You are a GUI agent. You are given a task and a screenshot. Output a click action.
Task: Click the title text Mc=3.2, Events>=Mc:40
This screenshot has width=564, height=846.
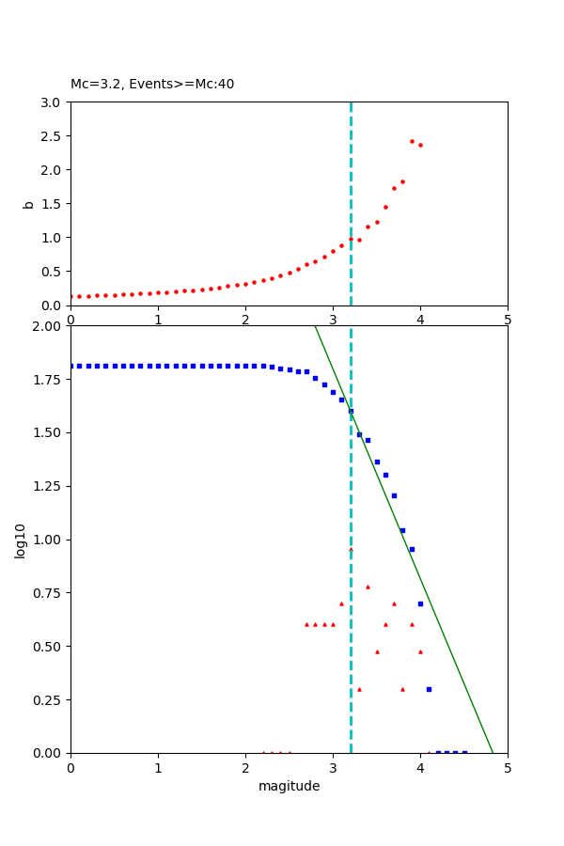tap(152, 85)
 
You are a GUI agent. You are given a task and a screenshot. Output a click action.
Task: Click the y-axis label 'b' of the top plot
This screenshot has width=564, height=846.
tap(28, 204)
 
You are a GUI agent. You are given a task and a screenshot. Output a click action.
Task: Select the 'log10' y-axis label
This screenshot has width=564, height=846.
tap(20, 540)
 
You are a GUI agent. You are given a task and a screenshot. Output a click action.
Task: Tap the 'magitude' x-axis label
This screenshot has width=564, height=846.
tap(289, 787)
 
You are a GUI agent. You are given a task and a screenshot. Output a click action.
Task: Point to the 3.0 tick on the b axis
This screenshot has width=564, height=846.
tap(53, 102)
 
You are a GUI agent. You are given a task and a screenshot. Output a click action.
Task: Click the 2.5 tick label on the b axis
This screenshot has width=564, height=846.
tap(53, 136)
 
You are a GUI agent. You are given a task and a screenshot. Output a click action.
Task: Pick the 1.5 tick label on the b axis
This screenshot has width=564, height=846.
tap(53, 204)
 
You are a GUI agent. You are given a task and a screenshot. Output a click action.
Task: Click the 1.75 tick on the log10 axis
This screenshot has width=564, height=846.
tap(49, 380)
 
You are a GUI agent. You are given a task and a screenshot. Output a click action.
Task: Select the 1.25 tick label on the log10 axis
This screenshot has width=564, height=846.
tap(49, 487)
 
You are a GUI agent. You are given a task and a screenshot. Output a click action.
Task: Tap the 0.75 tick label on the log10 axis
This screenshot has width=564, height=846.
tap(49, 593)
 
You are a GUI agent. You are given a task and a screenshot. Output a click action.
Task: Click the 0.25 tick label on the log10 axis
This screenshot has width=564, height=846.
tap(49, 700)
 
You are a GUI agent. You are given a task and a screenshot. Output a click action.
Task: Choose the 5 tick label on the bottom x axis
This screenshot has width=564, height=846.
tap(508, 767)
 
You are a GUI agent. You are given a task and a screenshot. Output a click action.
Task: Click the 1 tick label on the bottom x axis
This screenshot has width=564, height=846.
tap(158, 767)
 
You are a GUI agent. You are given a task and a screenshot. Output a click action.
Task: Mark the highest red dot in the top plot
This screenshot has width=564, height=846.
tap(412, 141)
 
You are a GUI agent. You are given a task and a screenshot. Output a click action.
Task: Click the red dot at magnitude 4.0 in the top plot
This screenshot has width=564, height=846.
tap(420, 145)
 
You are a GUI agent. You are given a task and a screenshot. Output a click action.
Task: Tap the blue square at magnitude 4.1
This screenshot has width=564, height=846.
tap(429, 689)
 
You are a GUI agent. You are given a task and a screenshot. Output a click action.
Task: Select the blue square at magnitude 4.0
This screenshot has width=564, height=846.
tap(420, 603)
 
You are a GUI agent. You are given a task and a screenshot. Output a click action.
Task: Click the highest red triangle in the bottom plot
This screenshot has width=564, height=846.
tap(351, 549)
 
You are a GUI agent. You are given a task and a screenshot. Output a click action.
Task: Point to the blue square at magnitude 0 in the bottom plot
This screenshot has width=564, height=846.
tap(71, 366)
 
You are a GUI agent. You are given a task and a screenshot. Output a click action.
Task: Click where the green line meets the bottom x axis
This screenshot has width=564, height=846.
tap(493, 752)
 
